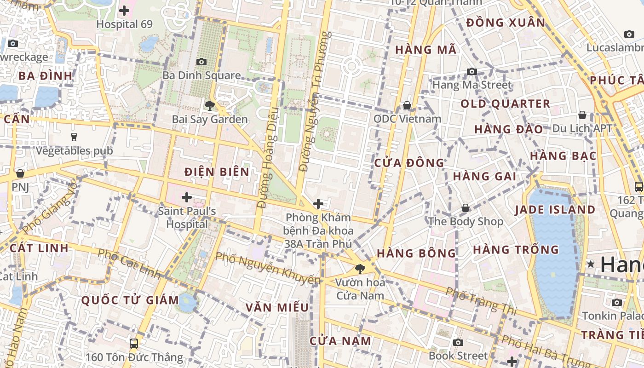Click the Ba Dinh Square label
click(201, 75)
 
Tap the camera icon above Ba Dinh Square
click(201, 62)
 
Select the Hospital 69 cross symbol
click(124, 10)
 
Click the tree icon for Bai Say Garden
click(210, 106)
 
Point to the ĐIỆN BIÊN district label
click(217, 172)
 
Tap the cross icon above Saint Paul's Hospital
click(186, 198)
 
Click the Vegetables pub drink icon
click(74, 137)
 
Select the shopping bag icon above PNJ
click(20, 173)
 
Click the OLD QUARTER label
click(505, 104)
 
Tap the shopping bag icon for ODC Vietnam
click(407, 105)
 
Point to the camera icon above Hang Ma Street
click(471, 71)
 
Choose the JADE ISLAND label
click(555, 210)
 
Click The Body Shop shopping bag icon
click(466, 208)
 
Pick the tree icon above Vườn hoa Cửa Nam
click(360, 269)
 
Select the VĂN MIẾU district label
click(277, 307)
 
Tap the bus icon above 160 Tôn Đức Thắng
click(133, 343)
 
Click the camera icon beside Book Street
click(458, 342)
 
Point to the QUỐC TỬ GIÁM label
click(130, 301)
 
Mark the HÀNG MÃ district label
click(426, 50)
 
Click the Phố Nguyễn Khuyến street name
click(267, 268)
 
